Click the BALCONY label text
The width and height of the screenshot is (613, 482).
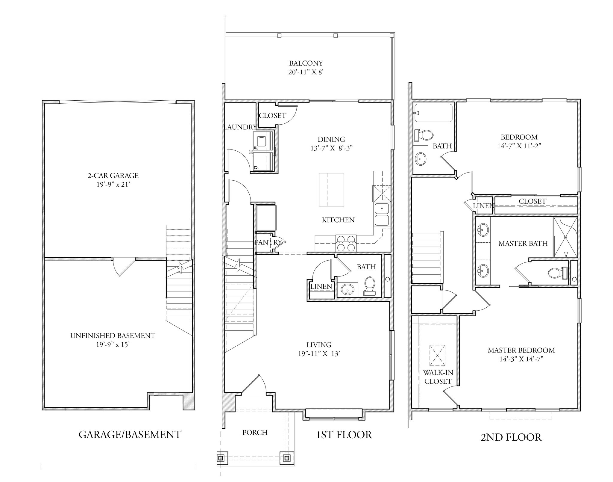[306, 64]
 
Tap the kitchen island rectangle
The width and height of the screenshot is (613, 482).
[331, 189]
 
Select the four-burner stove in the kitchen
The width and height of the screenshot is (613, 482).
[346, 243]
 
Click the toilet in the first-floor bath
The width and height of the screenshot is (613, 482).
[370, 284]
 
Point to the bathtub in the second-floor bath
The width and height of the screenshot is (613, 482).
[433, 113]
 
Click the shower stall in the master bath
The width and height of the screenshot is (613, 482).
[565, 237]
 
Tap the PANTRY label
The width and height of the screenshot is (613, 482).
[268, 242]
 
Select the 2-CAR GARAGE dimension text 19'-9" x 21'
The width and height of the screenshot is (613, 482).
[113, 185]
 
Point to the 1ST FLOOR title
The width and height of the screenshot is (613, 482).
[344, 435]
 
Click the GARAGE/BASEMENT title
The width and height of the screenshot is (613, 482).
[130, 434]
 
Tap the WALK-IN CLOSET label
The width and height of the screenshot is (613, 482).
[438, 377]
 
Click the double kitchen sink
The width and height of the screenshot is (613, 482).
[382, 214]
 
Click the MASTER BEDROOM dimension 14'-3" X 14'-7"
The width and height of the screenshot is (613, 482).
[521, 359]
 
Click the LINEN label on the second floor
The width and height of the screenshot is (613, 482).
[483, 206]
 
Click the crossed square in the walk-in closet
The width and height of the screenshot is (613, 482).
[437, 355]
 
